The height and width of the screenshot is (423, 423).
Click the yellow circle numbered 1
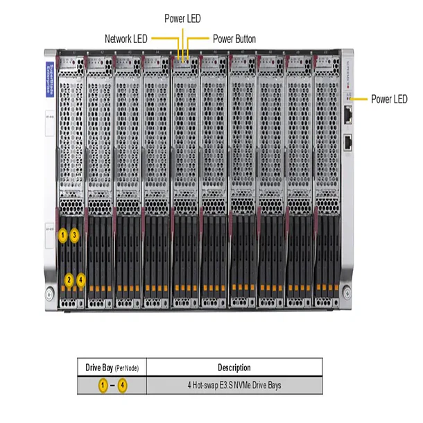tap(62, 236)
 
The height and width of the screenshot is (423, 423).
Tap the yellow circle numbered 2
tap(69, 280)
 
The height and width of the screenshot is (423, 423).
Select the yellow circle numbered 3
tap(75, 236)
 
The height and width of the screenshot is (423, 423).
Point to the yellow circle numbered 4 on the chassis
tap(81, 280)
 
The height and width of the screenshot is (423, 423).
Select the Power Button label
tap(234, 39)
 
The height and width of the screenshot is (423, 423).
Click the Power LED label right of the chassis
tap(389, 99)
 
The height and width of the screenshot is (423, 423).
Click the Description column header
tap(234, 368)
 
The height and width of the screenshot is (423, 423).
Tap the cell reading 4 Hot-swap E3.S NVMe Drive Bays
tap(234, 385)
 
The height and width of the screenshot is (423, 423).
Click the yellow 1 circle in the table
tap(103, 385)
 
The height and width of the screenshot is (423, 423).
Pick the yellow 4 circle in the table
tap(122, 385)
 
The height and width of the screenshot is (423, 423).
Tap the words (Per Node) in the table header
tap(128, 368)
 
